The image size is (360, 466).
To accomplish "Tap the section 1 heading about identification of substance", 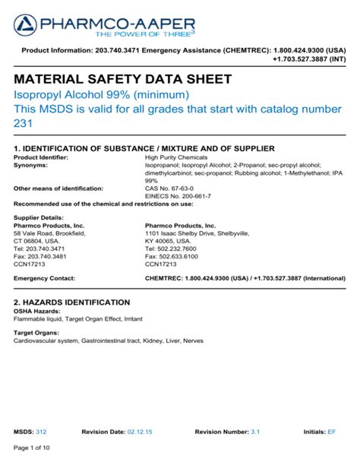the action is click(x=144, y=147).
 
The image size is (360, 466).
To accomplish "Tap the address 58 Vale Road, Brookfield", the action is click(x=50, y=234).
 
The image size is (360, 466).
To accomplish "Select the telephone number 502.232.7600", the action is click(x=174, y=249).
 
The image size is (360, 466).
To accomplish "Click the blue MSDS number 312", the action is click(x=41, y=431).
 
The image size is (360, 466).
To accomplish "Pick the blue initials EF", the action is click(x=331, y=431).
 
